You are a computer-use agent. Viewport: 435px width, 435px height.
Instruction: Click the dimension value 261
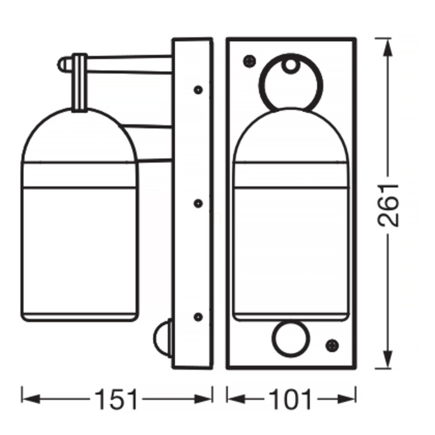point(388,205)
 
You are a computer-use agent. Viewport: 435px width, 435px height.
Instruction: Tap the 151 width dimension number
point(116,399)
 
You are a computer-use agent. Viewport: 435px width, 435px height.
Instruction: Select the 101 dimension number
point(290,399)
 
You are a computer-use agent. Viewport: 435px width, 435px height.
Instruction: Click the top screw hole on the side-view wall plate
point(198,90)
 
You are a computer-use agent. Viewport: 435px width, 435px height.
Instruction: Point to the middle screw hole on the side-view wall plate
point(198,203)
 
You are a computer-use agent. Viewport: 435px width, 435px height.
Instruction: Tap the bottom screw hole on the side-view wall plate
point(198,317)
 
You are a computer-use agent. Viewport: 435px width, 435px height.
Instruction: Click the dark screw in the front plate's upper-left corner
point(249,61)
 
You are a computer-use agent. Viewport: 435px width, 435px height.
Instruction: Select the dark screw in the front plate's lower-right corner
point(332,346)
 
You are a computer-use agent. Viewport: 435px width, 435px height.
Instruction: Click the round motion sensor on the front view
point(291,339)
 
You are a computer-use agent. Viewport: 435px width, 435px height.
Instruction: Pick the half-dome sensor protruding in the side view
point(163,338)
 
